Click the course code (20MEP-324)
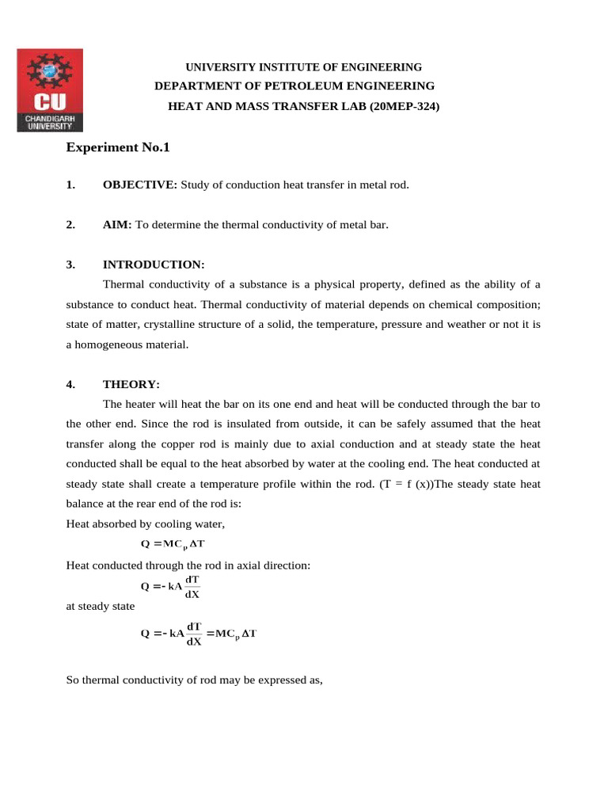click(x=401, y=105)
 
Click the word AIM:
click(x=118, y=225)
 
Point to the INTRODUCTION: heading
click(x=154, y=265)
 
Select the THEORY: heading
click(x=131, y=385)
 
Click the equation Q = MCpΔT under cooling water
click(x=173, y=544)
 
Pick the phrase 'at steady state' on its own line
click(x=100, y=607)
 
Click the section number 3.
click(x=70, y=265)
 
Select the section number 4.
click(x=70, y=385)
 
